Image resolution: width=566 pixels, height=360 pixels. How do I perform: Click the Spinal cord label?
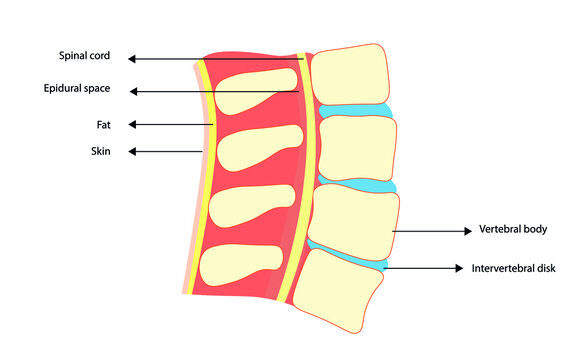pyautogui.click(x=83, y=56)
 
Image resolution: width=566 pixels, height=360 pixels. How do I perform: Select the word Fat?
pyautogui.click(x=101, y=125)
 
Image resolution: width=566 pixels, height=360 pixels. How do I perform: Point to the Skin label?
pyautogui.click(x=100, y=151)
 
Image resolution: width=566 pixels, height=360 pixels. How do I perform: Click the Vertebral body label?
pyautogui.click(x=514, y=229)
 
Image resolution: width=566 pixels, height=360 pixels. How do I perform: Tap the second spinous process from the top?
pyautogui.click(x=254, y=149)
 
